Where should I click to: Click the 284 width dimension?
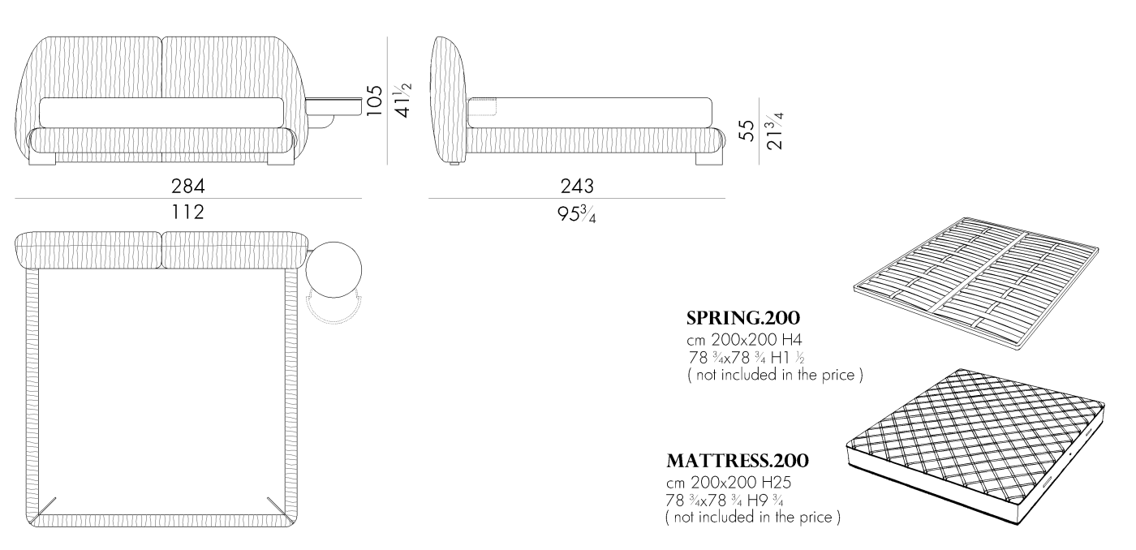188,186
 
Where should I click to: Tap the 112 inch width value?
187,212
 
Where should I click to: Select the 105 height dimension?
374,101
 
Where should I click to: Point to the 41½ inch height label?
403,101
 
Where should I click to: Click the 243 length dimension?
577,186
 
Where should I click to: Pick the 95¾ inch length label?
577,214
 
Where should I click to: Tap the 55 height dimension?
747,131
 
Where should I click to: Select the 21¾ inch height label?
775,131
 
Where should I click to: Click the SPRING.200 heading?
743,318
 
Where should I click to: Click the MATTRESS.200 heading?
738,461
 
